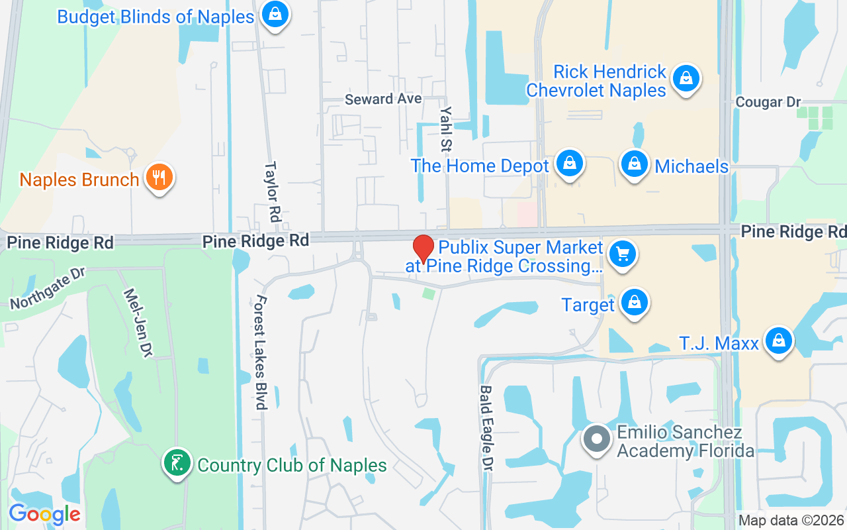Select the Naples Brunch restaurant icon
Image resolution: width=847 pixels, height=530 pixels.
coord(159,178)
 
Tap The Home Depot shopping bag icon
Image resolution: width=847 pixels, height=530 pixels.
coord(568,163)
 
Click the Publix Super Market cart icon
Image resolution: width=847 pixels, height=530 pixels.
coord(622,254)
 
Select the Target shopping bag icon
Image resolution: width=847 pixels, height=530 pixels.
coord(635,303)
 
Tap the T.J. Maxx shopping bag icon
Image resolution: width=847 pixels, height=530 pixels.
coord(779,341)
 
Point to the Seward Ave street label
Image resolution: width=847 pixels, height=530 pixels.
coord(383,99)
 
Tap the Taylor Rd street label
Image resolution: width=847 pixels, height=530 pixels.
coord(271,192)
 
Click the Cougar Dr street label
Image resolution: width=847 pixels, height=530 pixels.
coord(768,102)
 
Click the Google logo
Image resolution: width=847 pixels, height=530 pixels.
coord(44,513)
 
